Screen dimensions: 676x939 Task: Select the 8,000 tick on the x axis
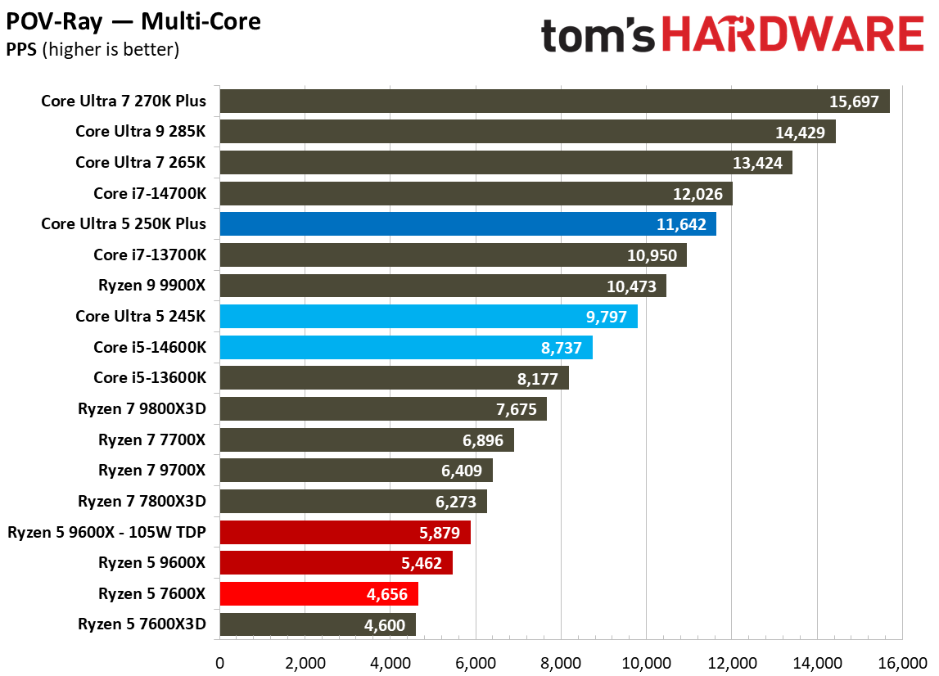560,661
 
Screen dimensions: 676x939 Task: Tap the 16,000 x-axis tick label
902,661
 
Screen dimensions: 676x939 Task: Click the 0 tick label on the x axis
219,661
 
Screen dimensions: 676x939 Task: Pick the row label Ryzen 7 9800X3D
142,408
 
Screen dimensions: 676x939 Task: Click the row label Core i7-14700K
150,193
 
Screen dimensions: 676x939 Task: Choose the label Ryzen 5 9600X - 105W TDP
107,532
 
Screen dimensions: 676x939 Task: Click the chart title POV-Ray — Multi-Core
133,20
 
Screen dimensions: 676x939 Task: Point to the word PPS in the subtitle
20,49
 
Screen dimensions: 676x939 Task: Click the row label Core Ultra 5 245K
141,316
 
